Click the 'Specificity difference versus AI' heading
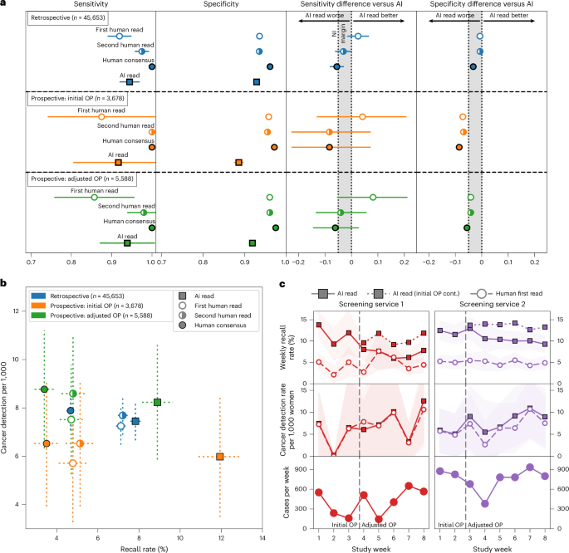pyautogui.click(x=481, y=5)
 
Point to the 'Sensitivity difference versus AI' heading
pyautogui.click(x=351, y=5)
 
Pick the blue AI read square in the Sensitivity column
pyautogui.click(x=130, y=81)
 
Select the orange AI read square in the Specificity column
pyautogui.click(x=239, y=162)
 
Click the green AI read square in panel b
pyautogui.click(x=157, y=402)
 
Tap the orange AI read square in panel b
pyautogui.click(x=219, y=457)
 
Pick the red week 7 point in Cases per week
pyautogui.click(x=410, y=486)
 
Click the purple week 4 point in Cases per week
pyautogui.click(x=484, y=503)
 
